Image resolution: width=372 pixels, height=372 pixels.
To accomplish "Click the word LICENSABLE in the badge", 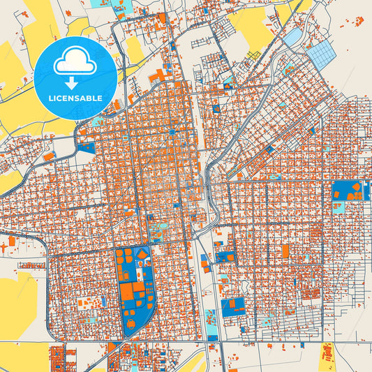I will point(75,98).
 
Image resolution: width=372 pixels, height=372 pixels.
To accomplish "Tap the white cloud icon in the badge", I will point(74,64).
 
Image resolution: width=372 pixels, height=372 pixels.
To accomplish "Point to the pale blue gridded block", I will point(322,54).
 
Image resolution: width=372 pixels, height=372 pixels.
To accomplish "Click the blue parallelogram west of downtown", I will point(87,147).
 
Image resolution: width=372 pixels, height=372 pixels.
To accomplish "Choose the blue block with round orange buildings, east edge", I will point(350,190).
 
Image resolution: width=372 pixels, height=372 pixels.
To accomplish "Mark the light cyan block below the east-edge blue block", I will point(338,207).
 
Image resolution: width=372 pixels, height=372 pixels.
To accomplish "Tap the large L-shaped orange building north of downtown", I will point(160,74).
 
